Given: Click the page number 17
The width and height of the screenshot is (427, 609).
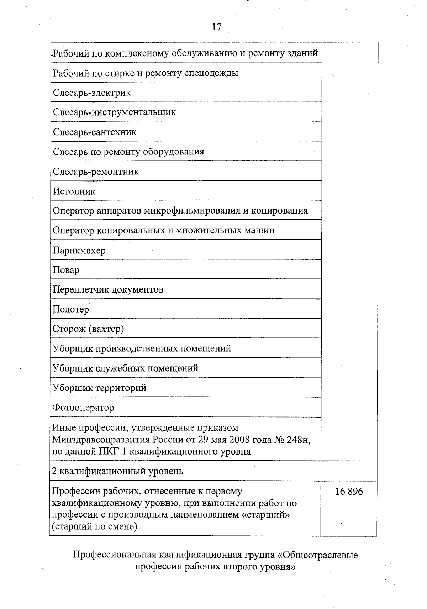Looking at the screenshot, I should coord(217,27).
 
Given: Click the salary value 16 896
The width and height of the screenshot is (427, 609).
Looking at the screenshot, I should coord(349,492).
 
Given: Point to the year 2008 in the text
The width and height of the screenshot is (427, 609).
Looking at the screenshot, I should coord(239,440).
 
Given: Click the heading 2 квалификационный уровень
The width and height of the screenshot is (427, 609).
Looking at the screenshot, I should coord(117,471).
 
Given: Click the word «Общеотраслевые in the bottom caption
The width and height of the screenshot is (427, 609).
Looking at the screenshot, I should coord(317,555).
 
